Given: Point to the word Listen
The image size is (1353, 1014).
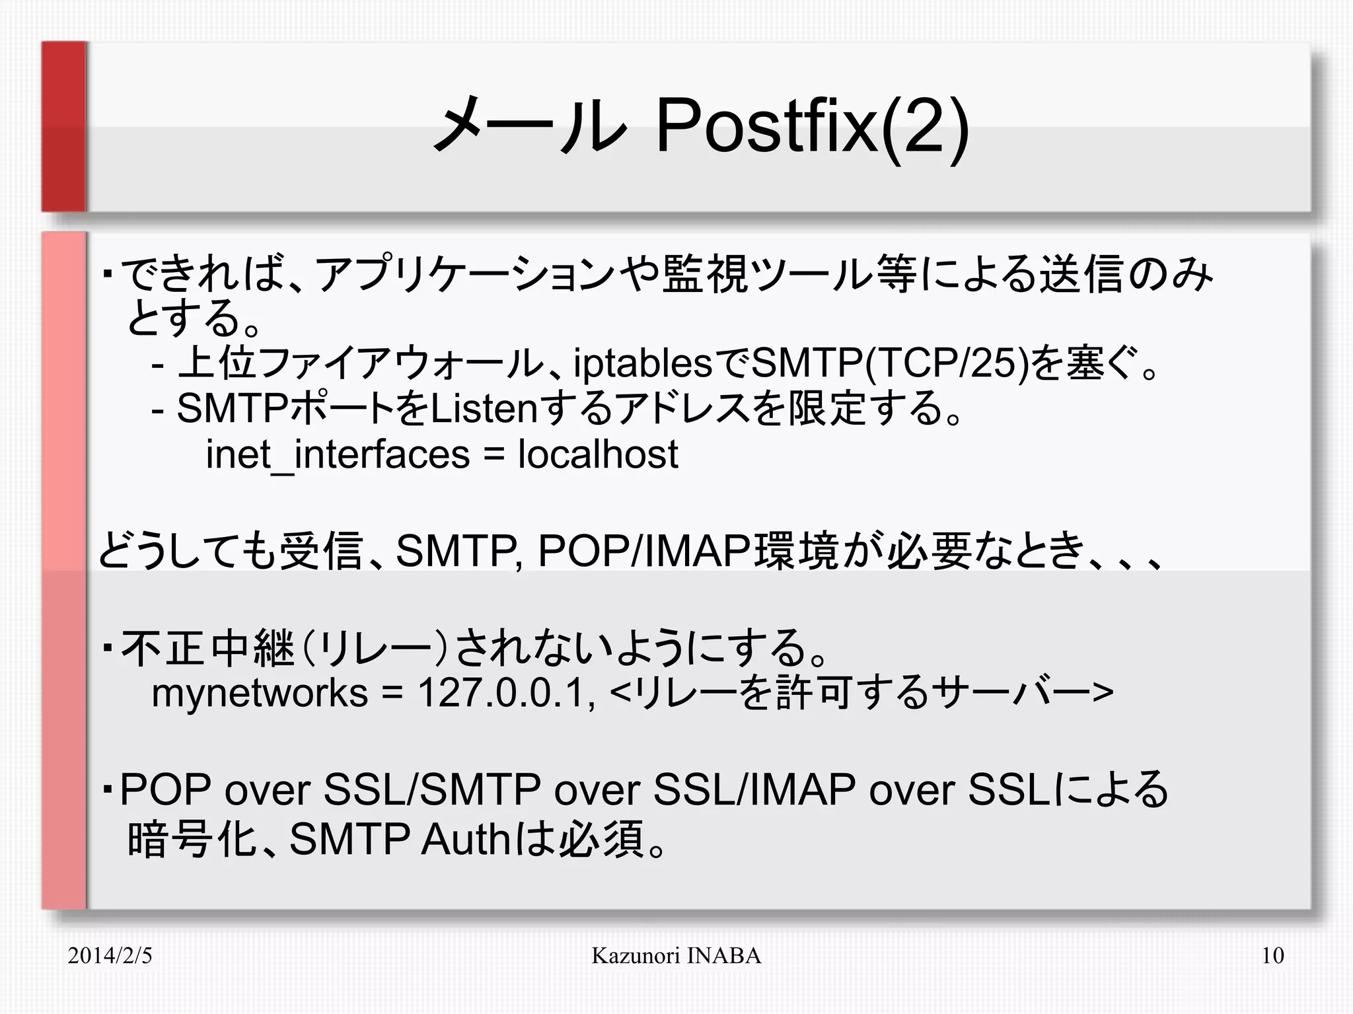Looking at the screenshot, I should tap(485, 409).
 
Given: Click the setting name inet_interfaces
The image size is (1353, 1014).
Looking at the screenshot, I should tap(338, 455).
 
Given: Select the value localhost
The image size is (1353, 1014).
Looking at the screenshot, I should tap(598, 454).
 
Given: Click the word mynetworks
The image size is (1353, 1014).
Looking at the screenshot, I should tap(260, 694).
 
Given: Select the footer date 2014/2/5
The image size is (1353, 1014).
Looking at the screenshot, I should tap(110, 955).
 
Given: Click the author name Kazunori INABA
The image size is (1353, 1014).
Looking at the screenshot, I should tap(676, 955).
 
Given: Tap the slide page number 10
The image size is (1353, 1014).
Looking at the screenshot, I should tap(1272, 955).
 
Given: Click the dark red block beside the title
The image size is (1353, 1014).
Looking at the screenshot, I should tap(64, 126).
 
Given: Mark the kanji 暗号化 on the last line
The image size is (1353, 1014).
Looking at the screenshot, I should tap(192, 840).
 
